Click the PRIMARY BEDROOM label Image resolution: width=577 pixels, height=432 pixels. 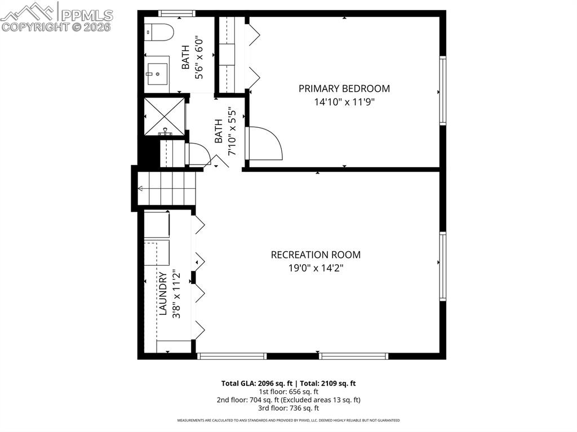point(344,88)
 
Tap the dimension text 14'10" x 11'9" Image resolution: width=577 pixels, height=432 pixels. point(344,102)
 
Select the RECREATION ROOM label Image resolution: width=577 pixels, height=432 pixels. point(316,255)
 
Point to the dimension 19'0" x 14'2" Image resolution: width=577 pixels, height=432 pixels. point(316,268)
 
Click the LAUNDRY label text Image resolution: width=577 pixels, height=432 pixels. point(162,293)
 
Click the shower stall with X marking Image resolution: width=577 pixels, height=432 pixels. point(164,115)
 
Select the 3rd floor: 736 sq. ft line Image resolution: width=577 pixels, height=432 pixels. point(288,408)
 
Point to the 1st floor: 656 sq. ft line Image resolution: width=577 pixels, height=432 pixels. point(288,391)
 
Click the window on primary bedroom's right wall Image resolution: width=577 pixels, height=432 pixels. point(443,91)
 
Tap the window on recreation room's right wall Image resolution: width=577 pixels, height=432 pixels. point(443,266)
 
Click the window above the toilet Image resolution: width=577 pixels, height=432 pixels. point(176,13)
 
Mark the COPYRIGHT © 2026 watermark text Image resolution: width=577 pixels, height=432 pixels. point(56,26)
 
